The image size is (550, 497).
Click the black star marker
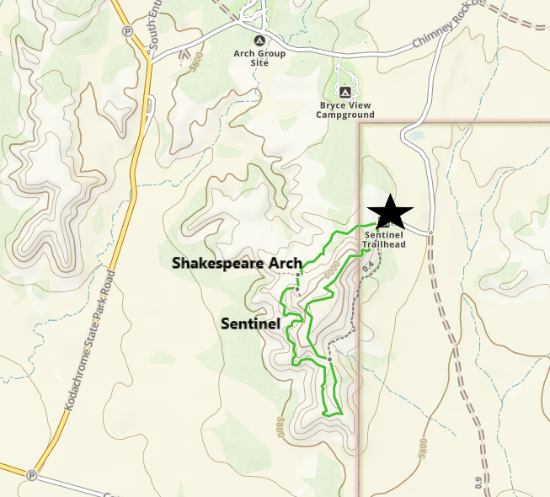[389, 212]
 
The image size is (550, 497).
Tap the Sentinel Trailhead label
[385, 240]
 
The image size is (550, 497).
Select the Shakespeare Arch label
[237, 263]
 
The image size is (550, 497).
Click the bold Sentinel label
[249, 323]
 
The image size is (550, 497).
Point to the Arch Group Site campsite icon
[259, 40]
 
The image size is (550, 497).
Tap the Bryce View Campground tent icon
[344, 91]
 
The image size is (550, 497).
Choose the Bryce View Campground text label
[346, 110]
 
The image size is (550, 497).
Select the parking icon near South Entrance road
[128, 31]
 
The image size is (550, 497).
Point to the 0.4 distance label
[367, 266]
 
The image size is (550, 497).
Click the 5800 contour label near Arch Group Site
[197, 66]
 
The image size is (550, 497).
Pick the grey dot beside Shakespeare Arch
[297, 275]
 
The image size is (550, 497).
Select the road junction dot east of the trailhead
[430, 232]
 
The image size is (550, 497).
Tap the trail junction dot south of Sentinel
[330, 360]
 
